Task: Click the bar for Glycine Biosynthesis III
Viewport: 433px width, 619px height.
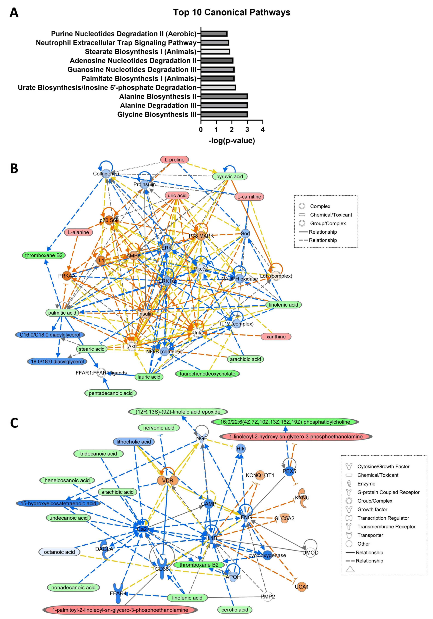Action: (224, 114)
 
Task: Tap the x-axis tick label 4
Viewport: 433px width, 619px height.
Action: (263, 129)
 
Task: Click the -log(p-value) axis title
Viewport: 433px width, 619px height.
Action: (232, 141)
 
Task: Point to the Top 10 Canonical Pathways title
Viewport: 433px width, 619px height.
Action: (232, 12)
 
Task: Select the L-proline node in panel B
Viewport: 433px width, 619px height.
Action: (175, 160)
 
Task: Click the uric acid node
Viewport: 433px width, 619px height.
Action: (177, 195)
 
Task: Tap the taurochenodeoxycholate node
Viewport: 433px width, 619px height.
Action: (207, 374)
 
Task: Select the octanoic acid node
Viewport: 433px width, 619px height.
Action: (59, 552)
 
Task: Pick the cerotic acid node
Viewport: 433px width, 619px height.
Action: (235, 610)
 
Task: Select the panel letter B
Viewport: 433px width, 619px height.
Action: (14, 169)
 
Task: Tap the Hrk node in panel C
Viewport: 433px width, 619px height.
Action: (240, 449)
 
